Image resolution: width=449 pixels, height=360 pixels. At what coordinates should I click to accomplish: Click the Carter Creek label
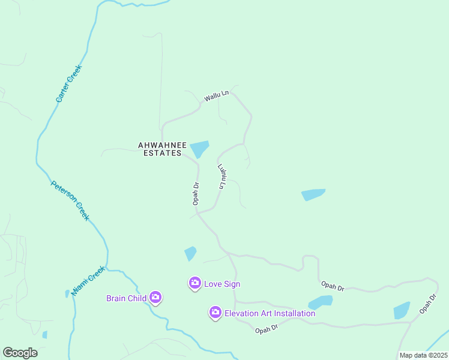tap(68, 83)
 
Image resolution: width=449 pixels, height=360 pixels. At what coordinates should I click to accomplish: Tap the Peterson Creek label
tap(70, 200)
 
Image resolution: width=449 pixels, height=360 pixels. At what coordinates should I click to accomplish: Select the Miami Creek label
tap(88, 281)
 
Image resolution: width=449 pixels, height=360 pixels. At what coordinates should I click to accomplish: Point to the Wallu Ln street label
tap(216, 95)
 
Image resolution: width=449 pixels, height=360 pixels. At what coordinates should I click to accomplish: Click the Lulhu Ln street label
tap(222, 177)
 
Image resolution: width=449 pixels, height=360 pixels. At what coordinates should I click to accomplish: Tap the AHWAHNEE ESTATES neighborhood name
tap(160, 149)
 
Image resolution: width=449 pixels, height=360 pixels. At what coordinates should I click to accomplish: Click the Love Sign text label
tap(222, 284)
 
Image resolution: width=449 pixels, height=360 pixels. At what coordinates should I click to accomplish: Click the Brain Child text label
tap(127, 298)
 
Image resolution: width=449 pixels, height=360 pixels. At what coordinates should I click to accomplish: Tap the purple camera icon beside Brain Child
tap(155, 297)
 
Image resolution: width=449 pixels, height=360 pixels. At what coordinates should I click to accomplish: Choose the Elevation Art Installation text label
tap(270, 313)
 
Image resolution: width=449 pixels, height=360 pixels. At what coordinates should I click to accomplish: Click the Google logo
tap(20, 353)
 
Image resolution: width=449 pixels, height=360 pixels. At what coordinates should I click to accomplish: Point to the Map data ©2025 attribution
tap(423, 355)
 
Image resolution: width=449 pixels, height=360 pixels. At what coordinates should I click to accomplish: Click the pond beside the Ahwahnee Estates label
tap(199, 148)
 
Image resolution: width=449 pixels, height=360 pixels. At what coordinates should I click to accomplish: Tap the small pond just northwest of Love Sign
tap(190, 254)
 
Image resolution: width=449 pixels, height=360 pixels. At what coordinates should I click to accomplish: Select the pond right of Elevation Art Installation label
tap(321, 302)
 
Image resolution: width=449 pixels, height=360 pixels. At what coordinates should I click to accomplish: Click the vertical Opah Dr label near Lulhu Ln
tap(196, 193)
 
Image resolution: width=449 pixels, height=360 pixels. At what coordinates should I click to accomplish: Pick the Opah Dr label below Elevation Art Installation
tap(266, 329)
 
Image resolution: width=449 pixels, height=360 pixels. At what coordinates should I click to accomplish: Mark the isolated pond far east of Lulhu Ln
tap(313, 194)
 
